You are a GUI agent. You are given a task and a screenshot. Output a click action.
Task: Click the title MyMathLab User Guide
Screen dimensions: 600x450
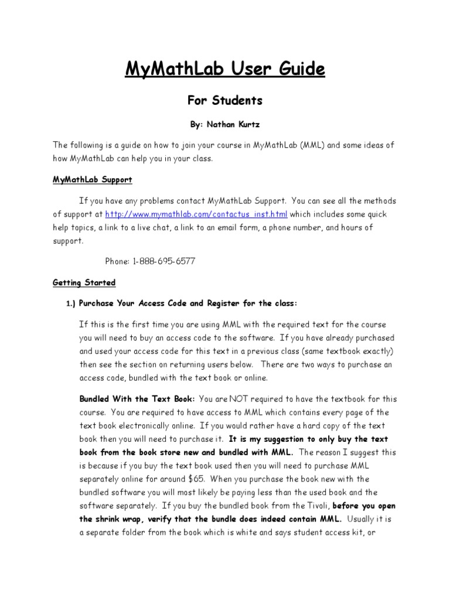tap(224, 70)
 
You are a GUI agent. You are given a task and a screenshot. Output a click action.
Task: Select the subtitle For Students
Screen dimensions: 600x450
tap(224, 101)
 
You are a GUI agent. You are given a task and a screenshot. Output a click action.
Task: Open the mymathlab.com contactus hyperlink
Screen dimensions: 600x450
tap(196, 214)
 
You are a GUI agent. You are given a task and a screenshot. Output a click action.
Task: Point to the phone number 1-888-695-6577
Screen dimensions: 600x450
tap(166, 261)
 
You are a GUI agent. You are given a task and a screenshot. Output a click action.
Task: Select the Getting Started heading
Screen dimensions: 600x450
tap(84, 282)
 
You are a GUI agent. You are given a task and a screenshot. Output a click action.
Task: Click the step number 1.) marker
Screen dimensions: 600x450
tap(70, 304)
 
